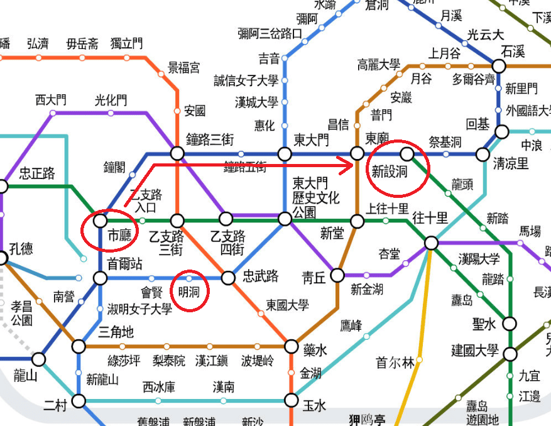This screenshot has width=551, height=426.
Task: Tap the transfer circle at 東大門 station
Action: pyautogui.click(x=285, y=154)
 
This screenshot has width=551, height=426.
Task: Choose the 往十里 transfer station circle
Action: pyautogui.click(x=431, y=243)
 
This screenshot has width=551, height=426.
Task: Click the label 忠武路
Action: pyautogui.click(x=261, y=276)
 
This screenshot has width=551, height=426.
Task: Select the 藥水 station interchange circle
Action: pyautogui.click(x=291, y=346)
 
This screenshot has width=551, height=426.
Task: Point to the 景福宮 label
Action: pyautogui.click(x=184, y=68)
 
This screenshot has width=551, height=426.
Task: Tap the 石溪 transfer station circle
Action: pyautogui.click(x=499, y=66)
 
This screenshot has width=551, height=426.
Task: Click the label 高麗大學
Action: pyautogui.click(x=378, y=64)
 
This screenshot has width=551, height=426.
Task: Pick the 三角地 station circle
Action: pyautogui.click(x=79, y=346)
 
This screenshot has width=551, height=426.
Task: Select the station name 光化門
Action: pyautogui.click(x=111, y=100)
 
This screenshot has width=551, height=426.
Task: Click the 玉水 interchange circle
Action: pyautogui.click(x=291, y=400)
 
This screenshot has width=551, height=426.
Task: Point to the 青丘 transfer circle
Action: pyautogui.click(x=337, y=275)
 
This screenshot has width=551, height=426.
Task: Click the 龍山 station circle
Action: pyautogui.click(x=39, y=359)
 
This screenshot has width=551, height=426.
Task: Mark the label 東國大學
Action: pyautogui.click(x=287, y=305)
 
